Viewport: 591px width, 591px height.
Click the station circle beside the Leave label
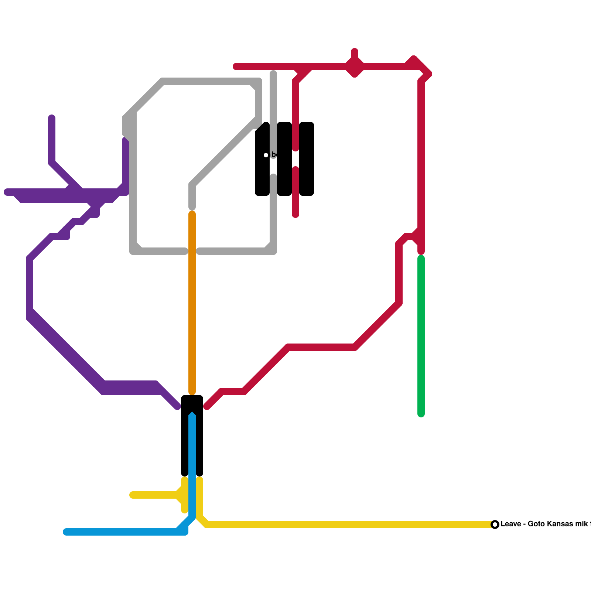(x=495, y=525)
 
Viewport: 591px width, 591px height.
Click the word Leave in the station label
(x=511, y=524)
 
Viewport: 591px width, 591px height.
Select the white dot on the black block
(x=266, y=155)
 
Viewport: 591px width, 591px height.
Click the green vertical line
(x=421, y=332)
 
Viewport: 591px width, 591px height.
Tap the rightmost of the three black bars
(x=307, y=159)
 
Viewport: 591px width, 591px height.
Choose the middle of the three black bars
(x=284, y=159)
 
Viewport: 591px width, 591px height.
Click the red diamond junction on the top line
(x=355, y=67)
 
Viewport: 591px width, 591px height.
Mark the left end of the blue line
(x=66, y=532)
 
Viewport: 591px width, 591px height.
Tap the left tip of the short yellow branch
(x=132, y=495)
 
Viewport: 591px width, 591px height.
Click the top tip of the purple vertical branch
(x=52, y=118)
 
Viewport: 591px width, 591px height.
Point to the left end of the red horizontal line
(x=236, y=66)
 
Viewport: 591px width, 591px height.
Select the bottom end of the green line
(x=421, y=414)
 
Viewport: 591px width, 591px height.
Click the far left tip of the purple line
(x=7, y=192)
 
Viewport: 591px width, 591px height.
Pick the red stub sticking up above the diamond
(x=355, y=52)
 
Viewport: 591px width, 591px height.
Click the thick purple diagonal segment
(x=66, y=351)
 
